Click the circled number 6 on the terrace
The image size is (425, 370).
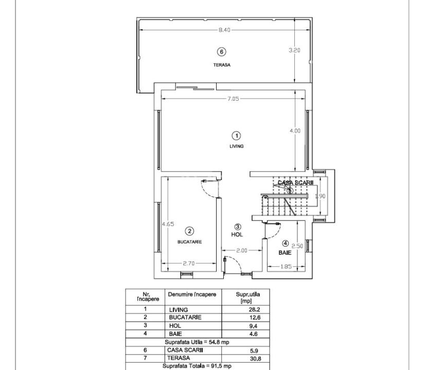point(221,51)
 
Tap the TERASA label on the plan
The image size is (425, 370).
point(222,65)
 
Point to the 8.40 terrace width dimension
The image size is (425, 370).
point(224,30)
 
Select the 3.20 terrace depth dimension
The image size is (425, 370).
point(294,50)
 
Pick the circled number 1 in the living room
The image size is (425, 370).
point(236,136)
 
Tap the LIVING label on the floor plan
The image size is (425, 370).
point(236,146)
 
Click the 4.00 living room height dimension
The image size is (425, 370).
point(295,131)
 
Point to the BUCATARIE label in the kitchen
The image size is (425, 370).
point(189,242)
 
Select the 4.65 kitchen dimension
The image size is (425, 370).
point(168,225)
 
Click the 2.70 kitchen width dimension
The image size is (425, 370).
point(189,264)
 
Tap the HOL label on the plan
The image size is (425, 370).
point(237,234)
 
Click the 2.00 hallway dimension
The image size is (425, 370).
point(242,251)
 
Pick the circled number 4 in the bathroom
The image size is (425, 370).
point(286,243)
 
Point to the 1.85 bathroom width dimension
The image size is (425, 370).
point(287,266)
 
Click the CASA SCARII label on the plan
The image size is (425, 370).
point(295,182)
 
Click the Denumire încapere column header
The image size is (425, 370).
point(191,294)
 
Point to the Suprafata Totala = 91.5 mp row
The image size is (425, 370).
point(198,366)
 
